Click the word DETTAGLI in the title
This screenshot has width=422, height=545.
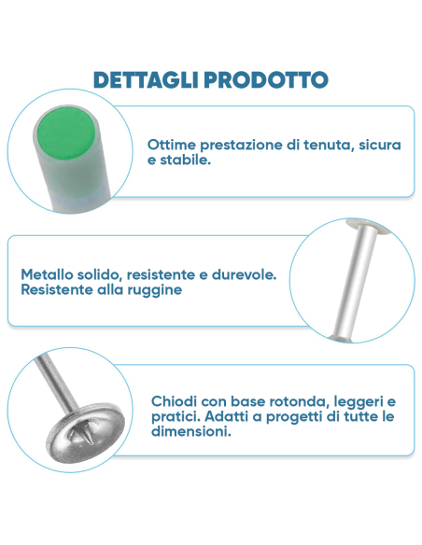(143, 79)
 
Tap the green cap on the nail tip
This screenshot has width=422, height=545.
(67, 140)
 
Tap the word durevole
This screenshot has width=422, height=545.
(244, 275)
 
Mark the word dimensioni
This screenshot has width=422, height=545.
(190, 432)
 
